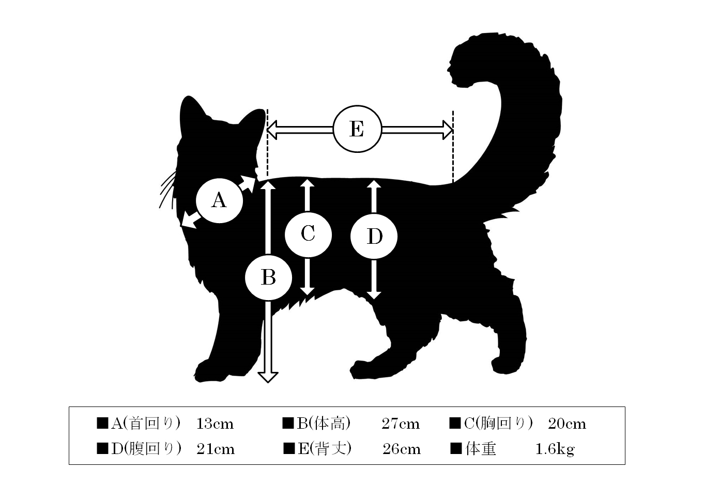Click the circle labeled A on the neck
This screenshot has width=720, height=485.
(x=220, y=200)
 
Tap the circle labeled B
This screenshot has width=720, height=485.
(x=268, y=277)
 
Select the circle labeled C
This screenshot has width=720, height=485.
(x=308, y=234)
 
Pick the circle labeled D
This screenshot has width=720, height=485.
(x=374, y=236)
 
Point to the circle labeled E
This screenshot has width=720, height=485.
(x=357, y=129)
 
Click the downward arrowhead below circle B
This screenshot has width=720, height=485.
(x=268, y=377)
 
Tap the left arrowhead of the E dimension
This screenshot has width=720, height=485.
(x=272, y=130)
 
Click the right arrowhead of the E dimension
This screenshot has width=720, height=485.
(x=448, y=130)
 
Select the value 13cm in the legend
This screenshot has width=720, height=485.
(x=215, y=424)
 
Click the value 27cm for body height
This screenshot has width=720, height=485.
(x=401, y=424)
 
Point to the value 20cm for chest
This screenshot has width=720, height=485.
(x=568, y=424)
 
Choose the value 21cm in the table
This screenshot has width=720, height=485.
(x=216, y=449)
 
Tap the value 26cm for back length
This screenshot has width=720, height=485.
(x=402, y=449)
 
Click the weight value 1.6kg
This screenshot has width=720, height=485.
(x=555, y=450)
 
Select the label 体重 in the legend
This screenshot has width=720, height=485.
(x=481, y=449)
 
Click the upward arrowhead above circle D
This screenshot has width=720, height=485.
(x=374, y=184)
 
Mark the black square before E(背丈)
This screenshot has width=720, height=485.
(x=289, y=449)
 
